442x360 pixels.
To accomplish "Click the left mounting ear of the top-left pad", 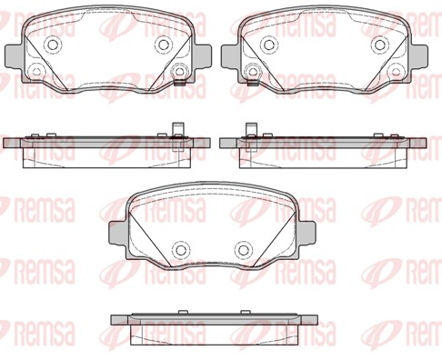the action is [14, 56].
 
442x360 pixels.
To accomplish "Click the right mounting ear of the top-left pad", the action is [202, 56].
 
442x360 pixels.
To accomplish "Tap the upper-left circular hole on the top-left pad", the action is [55, 45].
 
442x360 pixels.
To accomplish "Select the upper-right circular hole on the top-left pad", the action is [164, 45].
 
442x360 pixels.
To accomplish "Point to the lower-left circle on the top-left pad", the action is [36, 71].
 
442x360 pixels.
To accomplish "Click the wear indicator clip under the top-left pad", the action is [180, 83].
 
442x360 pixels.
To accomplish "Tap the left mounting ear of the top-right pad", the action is [230, 56].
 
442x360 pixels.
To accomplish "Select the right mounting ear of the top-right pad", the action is [418, 56].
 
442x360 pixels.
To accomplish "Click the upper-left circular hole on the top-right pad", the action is [268, 45].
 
